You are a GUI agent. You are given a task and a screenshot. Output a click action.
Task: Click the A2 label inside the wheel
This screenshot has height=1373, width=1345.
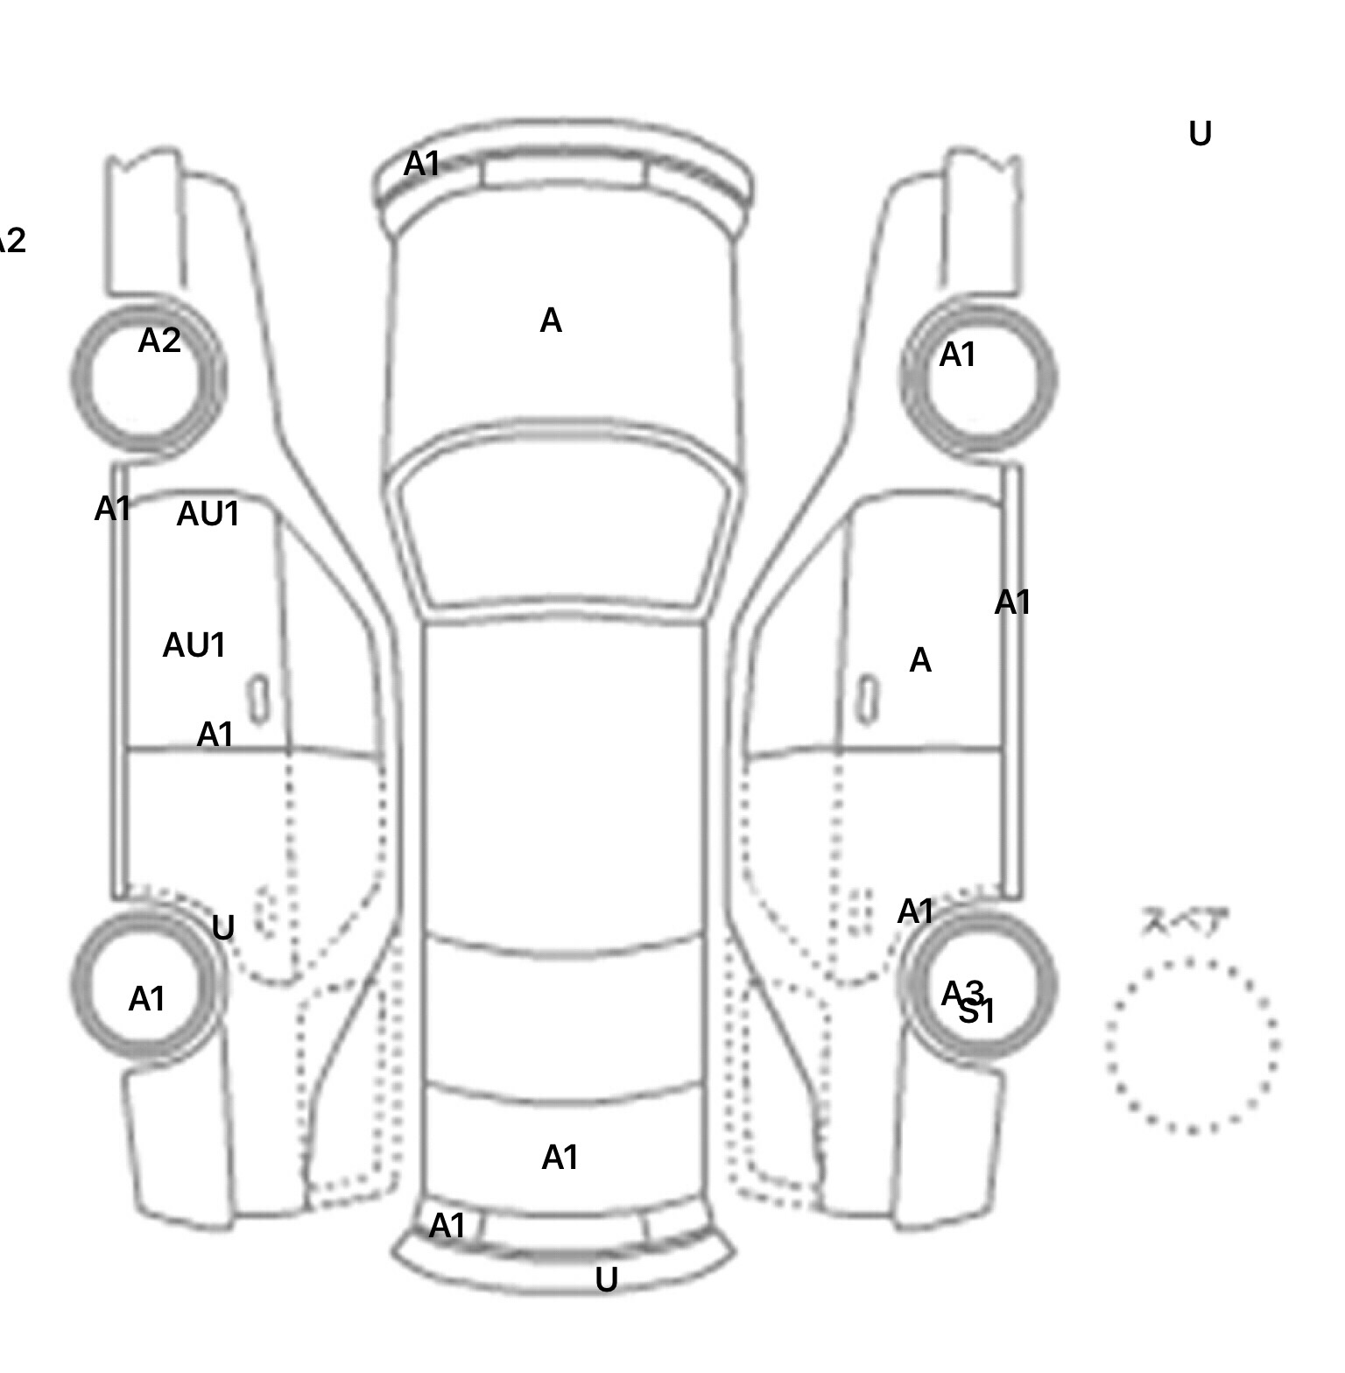[159, 341]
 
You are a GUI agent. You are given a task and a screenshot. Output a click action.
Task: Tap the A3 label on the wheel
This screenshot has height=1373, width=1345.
[961, 993]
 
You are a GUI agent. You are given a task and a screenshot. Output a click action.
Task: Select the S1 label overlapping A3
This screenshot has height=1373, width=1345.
[977, 1013]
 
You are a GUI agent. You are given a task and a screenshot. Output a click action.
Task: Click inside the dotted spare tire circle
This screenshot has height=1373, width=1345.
[1191, 1046]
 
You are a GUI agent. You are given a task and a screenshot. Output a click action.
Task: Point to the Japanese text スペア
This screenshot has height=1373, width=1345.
[1185, 922]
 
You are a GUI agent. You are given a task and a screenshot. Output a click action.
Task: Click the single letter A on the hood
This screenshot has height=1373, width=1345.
[550, 321]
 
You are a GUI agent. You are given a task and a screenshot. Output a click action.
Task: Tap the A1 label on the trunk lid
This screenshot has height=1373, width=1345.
[560, 1158]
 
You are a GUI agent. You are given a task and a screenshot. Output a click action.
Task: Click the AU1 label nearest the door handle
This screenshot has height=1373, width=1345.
[194, 646]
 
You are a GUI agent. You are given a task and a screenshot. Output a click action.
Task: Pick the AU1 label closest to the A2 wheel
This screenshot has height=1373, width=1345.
[208, 514]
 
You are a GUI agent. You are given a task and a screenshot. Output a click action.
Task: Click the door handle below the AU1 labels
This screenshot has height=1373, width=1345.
[258, 699]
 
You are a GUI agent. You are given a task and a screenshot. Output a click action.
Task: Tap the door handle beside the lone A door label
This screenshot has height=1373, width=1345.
[868, 699]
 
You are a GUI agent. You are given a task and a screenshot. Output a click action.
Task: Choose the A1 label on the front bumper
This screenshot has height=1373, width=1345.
[421, 164]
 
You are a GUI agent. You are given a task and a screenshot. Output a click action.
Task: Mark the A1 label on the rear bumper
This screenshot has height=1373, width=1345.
[447, 1226]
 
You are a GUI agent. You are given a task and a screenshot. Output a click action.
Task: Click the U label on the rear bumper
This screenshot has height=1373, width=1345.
[606, 1280]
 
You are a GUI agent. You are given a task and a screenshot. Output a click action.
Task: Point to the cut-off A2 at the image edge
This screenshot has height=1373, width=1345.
[11, 241]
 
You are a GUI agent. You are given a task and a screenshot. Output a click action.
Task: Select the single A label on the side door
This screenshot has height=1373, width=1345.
[919, 661]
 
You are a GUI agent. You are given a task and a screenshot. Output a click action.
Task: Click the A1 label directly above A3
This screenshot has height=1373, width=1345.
[915, 912]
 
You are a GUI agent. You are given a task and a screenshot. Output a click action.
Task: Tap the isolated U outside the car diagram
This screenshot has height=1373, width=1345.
[1200, 134]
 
